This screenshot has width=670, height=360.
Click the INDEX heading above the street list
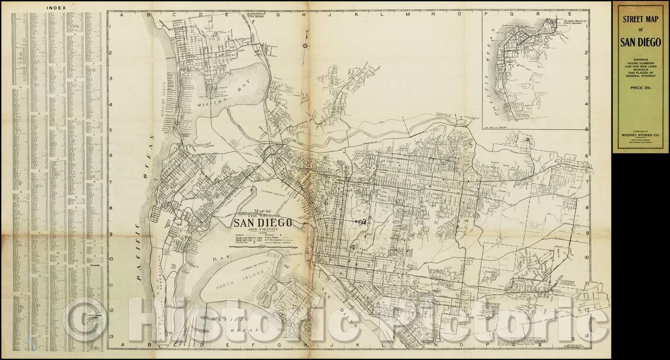(57, 8)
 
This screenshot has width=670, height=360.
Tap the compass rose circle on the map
(305, 46)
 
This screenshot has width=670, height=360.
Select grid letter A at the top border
(122, 15)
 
